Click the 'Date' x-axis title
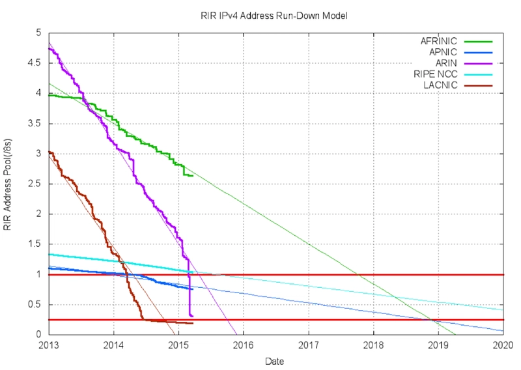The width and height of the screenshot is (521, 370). tap(274, 360)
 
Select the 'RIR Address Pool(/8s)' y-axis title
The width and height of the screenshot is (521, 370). tap(8, 184)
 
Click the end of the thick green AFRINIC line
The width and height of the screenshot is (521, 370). tap(193, 175)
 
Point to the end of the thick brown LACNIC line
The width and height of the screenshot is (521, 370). tap(193, 323)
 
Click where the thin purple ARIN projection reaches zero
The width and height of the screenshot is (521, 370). tap(236, 335)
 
